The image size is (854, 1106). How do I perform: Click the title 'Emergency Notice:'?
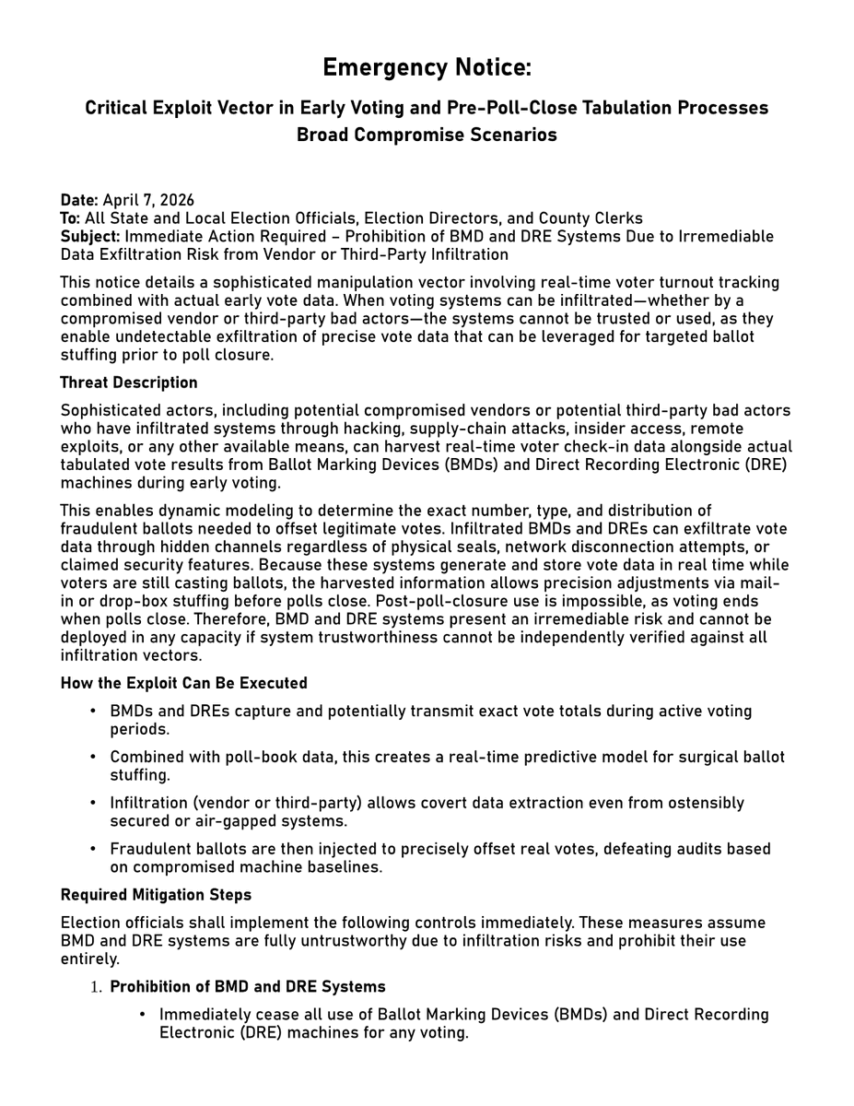427,68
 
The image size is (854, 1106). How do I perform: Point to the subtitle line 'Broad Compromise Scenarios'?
427,135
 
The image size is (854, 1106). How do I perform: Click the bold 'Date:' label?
80,200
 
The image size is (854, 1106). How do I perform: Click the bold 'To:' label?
71,218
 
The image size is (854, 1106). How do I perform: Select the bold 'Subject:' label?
90,236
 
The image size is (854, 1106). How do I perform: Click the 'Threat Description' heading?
129,382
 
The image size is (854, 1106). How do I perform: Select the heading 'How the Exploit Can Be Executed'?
184,683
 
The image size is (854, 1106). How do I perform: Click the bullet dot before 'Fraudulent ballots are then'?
94,849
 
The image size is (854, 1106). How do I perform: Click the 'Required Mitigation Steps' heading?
156,894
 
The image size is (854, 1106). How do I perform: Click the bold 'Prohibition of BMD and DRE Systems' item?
248,986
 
